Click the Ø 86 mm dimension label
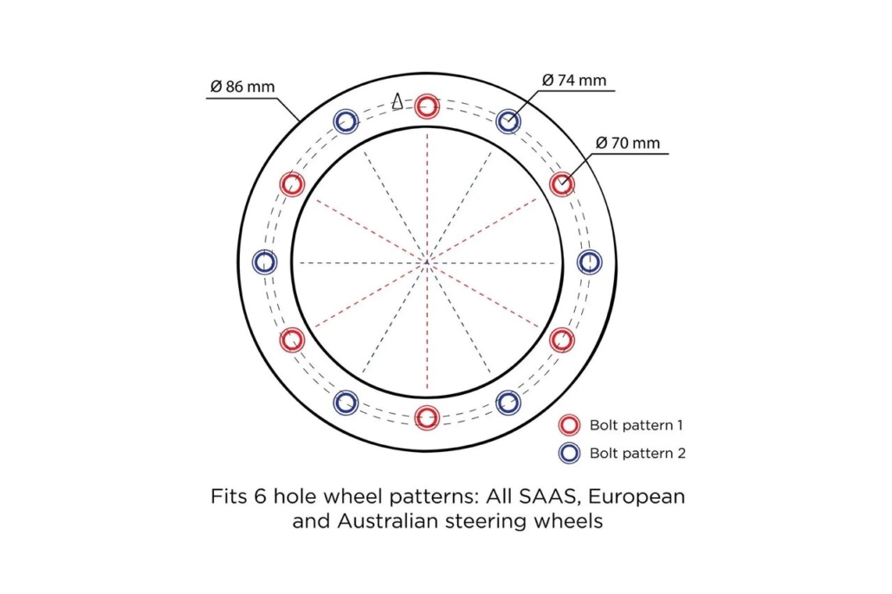click(x=242, y=87)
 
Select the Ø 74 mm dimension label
click(x=574, y=81)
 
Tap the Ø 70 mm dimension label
click(x=628, y=143)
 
